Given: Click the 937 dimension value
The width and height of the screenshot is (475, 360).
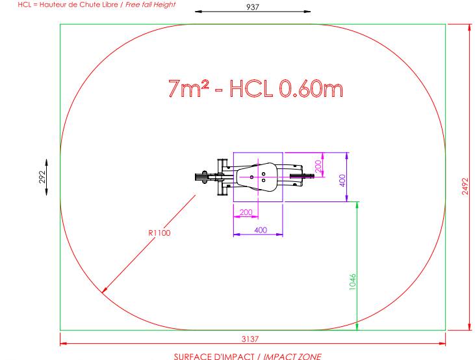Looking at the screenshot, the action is [x=253, y=6].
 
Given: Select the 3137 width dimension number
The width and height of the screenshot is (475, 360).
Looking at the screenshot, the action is [x=250, y=339].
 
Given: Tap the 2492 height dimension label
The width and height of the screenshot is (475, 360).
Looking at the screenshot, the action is [x=465, y=186].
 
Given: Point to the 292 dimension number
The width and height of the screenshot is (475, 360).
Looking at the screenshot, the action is [x=42, y=177].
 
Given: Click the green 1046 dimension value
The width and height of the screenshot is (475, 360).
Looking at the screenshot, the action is [x=353, y=282].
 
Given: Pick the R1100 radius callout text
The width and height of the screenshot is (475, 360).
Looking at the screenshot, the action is [x=159, y=233].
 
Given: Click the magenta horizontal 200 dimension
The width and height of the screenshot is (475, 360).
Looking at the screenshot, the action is [x=246, y=212].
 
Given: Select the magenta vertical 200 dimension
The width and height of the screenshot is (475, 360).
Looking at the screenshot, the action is [x=318, y=166].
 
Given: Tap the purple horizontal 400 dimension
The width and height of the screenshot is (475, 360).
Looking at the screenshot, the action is [x=261, y=230].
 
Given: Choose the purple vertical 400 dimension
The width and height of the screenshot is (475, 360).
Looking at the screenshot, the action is [x=342, y=180].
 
